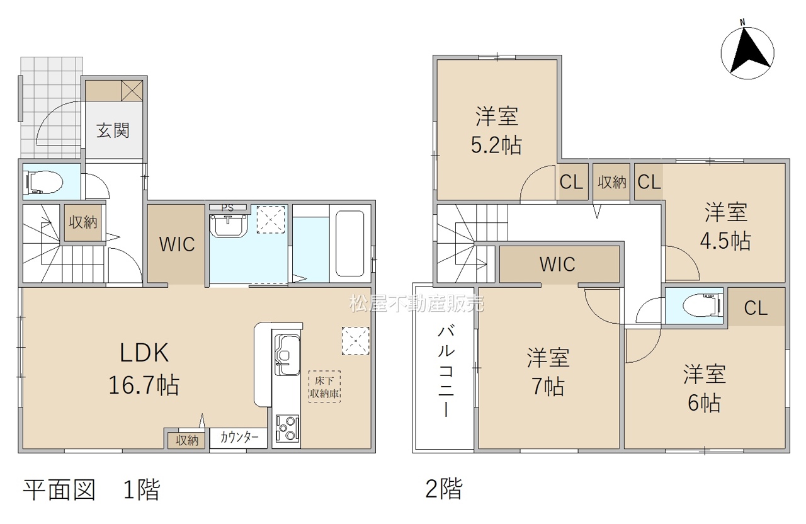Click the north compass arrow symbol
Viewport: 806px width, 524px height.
747,52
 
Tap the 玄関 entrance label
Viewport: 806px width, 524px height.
113,130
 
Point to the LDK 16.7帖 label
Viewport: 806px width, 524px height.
144,368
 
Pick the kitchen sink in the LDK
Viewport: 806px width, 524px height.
287,355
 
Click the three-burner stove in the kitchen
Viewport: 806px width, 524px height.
287,429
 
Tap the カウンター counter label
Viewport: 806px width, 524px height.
239,438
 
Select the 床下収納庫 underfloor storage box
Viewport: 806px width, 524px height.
324,387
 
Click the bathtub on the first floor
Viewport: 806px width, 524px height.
349,243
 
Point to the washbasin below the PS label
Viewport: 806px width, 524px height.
228,225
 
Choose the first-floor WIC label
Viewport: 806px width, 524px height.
177,244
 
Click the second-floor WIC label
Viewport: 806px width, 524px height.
557,265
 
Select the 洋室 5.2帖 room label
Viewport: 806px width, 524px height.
497,131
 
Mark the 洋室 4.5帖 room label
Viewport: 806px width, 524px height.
725,226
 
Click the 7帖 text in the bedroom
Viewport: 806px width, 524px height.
548,387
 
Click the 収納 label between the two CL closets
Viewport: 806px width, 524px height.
612,183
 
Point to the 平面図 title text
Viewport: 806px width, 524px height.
59,490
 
